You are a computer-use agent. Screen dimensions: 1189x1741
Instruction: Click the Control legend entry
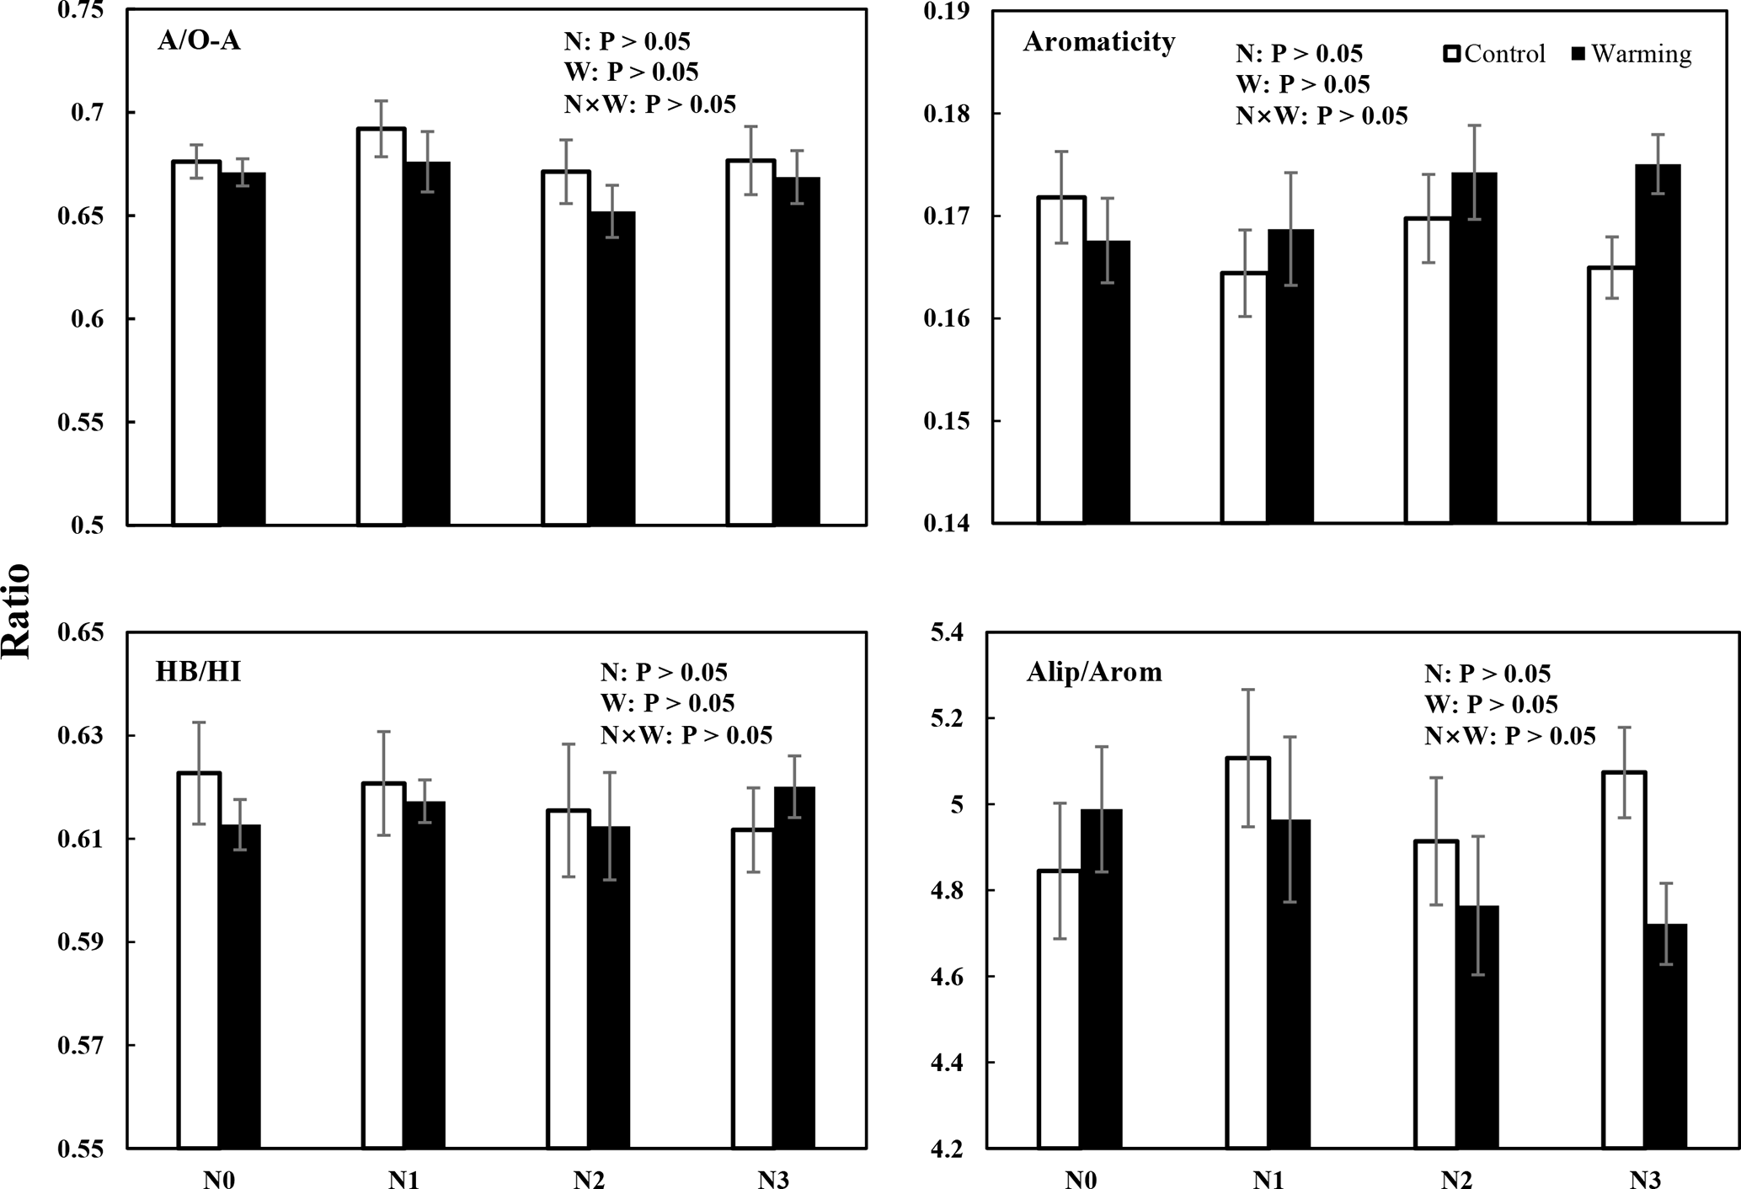pyautogui.click(x=1493, y=54)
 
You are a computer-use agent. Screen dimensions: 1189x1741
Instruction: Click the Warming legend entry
pyautogui.click(x=1631, y=54)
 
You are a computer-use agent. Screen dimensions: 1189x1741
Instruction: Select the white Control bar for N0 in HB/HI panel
pyautogui.click(x=200, y=960)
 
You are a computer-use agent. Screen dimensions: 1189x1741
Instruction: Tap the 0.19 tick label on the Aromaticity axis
pyautogui.click(x=947, y=11)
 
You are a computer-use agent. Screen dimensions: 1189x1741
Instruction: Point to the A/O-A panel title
pyautogui.click(x=199, y=41)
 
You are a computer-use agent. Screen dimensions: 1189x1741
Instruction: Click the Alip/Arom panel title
pyautogui.click(x=1093, y=672)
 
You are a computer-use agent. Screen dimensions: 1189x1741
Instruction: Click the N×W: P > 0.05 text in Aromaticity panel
pyautogui.click(x=1322, y=115)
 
